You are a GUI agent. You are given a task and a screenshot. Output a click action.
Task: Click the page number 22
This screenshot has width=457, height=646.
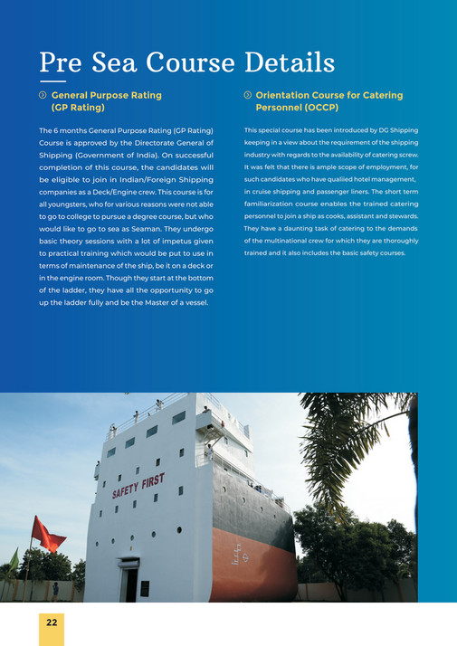[52, 623]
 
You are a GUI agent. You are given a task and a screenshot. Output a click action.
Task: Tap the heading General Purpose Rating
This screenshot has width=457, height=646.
[107, 95]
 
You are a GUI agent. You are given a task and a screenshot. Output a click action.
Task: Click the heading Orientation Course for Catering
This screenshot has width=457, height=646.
[329, 95]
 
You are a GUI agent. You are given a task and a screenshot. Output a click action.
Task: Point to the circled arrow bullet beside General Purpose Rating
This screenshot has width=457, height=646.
[43, 95]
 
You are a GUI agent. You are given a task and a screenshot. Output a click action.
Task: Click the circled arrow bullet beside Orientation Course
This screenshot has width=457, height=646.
[248, 95]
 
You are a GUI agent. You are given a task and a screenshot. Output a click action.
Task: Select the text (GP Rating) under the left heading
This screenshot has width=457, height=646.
[78, 108]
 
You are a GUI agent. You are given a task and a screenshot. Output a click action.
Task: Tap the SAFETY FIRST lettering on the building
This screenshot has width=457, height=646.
[138, 487]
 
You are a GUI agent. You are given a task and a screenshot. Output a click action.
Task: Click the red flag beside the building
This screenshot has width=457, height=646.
[47, 535]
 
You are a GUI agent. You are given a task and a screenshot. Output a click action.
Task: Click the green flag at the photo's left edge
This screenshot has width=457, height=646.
[14, 558]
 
